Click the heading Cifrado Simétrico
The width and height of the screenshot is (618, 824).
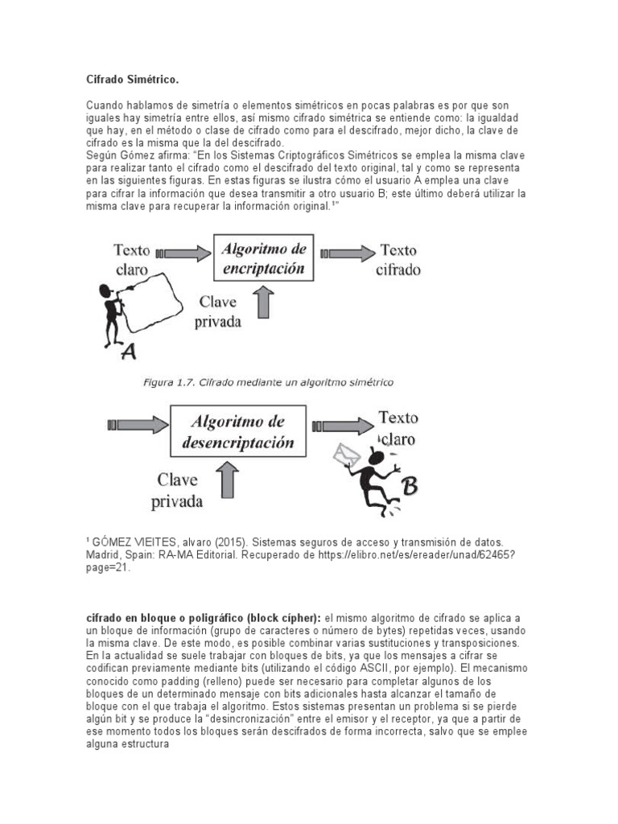(132, 80)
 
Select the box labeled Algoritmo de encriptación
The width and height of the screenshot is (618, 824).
(265, 260)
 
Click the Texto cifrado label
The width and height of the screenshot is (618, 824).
(398, 260)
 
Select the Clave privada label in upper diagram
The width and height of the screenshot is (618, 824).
(220, 311)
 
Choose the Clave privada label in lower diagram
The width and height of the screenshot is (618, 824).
(179, 490)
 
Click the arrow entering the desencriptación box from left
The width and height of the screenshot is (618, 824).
(137, 422)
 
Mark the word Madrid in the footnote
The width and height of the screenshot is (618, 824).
(104, 555)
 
